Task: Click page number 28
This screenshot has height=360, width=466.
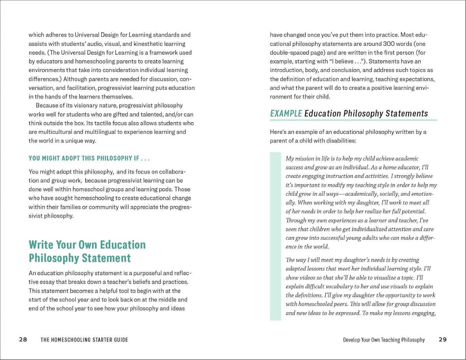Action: pyautogui.click(x=23, y=339)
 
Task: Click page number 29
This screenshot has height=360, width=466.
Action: pyautogui.click(x=443, y=339)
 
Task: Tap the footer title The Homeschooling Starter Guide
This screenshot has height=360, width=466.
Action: pyautogui.click(x=84, y=340)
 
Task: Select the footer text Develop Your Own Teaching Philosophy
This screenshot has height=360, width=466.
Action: pyautogui.click(x=384, y=340)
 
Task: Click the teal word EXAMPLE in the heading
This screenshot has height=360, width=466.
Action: pyautogui.click(x=286, y=113)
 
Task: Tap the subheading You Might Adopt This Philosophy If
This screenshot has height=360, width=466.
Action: pyautogui.click(x=89, y=158)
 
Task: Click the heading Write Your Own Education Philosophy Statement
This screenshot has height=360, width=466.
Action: pyautogui.click(x=87, y=251)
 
